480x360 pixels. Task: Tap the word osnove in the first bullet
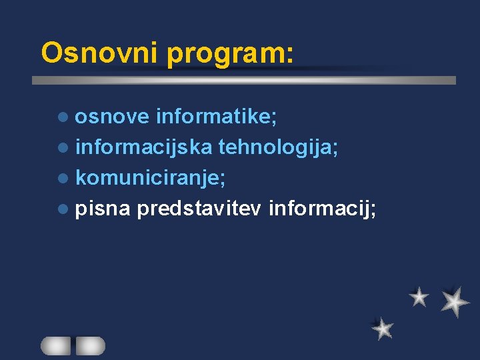pos(111,117)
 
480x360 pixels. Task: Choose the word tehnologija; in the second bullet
pos(279,148)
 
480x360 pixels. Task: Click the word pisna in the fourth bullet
pos(102,209)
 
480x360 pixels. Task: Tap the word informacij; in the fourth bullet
pos(322,209)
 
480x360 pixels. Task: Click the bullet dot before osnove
pos(63,117)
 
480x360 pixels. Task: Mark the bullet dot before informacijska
pos(63,148)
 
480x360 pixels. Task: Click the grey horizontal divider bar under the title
pos(244,80)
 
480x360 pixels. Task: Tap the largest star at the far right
pos(455,302)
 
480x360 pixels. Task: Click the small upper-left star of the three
pos(419,297)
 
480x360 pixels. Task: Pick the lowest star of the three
pos(383,328)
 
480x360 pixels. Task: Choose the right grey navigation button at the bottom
pos(90,345)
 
